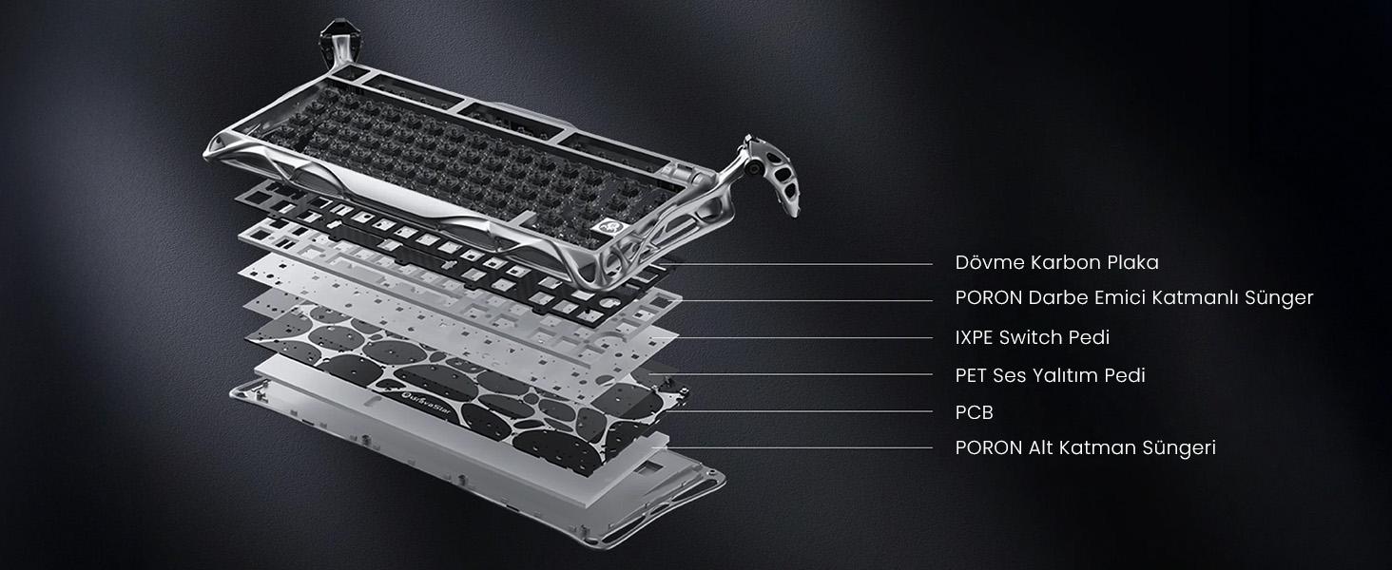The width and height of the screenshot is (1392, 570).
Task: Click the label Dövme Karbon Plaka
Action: click(x=1056, y=262)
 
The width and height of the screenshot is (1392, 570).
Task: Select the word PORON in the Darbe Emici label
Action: click(x=989, y=298)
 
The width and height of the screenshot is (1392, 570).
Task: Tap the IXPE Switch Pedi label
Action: click(x=1033, y=338)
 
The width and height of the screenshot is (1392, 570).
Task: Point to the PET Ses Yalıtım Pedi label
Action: click(x=1051, y=375)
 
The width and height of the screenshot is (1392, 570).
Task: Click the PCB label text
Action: click(x=974, y=412)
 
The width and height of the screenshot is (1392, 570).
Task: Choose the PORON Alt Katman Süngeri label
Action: click(x=1085, y=448)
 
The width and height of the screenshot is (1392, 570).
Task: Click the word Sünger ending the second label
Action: click(x=1279, y=298)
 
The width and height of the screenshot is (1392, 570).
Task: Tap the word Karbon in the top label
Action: click(x=1067, y=262)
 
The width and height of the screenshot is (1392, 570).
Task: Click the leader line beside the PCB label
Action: click(x=802, y=411)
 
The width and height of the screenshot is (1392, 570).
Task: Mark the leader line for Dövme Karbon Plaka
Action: click(x=796, y=264)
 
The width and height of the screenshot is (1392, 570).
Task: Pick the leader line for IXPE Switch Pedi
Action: click(x=804, y=338)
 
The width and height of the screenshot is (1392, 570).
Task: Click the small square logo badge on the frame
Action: click(x=606, y=226)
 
